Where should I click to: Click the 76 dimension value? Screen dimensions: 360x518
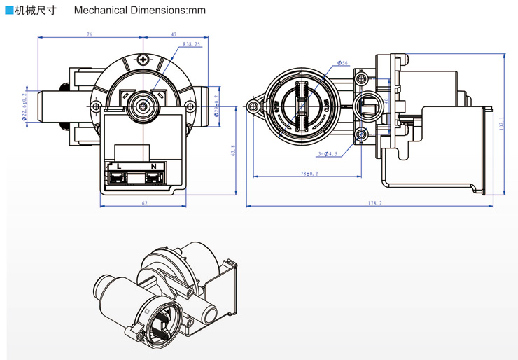pyautogui.click(x=90, y=34)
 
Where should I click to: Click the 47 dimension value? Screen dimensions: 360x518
pyautogui.click(x=172, y=34)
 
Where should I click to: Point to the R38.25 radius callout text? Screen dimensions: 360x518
pyautogui.click(x=192, y=43)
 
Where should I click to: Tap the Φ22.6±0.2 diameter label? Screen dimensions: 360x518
pyautogui.click(x=24, y=106)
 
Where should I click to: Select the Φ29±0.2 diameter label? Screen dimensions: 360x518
pyautogui.click(x=218, y=106)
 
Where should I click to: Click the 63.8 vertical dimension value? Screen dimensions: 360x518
pyautogui.click(x=233, y=150)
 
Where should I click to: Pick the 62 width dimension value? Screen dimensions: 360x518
pyautogui.click(x=144, y=203)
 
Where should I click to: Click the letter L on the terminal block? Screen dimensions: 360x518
pyautogui.click(x=120, y=166)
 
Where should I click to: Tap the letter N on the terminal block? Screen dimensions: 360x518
pyautogui.click(x=153, y=166)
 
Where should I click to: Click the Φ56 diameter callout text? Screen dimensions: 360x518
pyautogui.click(x=343, y=64)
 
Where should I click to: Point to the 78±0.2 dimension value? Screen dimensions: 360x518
pyautogui.click(x=309, y=173)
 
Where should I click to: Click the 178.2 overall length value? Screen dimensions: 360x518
pyautogui.click(x=375, y=203)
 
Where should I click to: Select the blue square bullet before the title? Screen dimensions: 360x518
pyautogui.click(x=8, y=11)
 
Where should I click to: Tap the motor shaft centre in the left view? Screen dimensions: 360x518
pyautogui.click(x=144, y=106)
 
